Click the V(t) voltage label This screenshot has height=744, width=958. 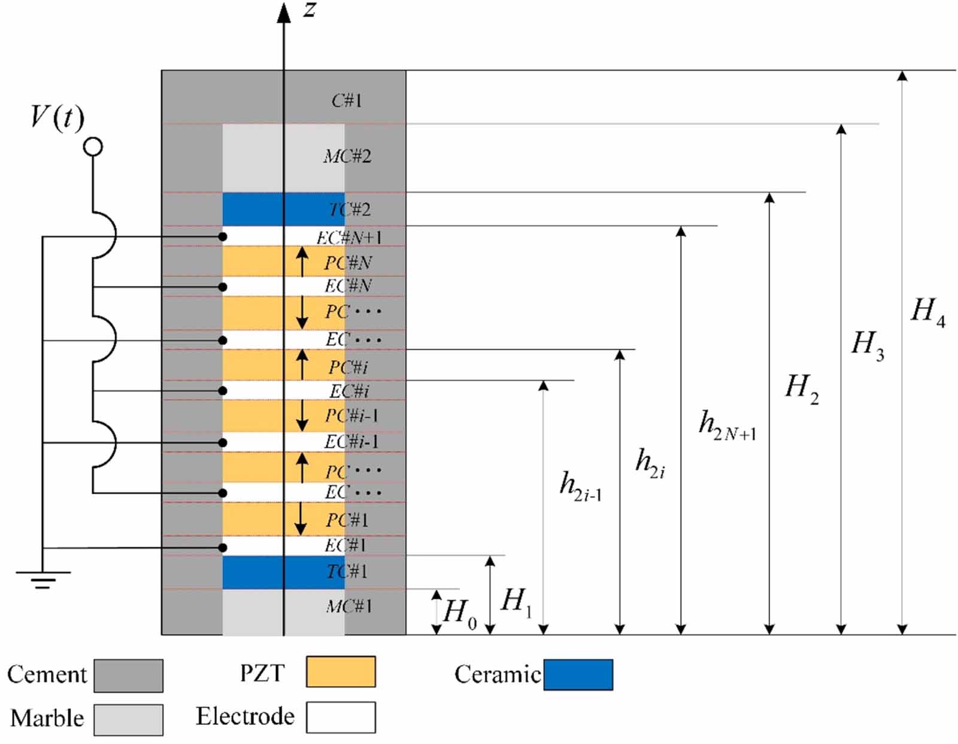pyautogui.click(x=57, y=119)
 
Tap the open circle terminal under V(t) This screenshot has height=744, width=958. pyautogui.click(x=93, y=147)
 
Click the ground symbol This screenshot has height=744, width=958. pyautogui.click(x=43, y=579)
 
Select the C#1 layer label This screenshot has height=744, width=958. pyautogui.click(x=347, y=101)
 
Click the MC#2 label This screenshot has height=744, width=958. pyautogui.click(x=347, y=156)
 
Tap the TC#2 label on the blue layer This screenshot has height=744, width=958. pyautogui.click(x=350, y=209)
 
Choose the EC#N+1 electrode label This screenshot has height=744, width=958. pyautogui.click(x=349, y=238)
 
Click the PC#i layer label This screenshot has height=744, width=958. pyautogui.click(x=348, y=367)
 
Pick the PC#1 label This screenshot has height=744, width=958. pyautogui.click(x=347, y=520)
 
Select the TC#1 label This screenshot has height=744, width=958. pyautogui.click(x=347, y=572)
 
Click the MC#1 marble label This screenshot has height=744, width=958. pyautogui.click(x=349, y=606)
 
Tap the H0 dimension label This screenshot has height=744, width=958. pyautogui.click(x=460, y=614)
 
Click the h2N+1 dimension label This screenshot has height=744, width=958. pyautogui.click(x=727, y=426)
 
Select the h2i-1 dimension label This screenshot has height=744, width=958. pyautogui.click(x=581, y=486)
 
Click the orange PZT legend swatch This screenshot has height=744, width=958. pyautogui.click(x=341, y=672)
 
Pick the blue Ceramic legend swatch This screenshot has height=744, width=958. pyautogui.click(x=578, y=675)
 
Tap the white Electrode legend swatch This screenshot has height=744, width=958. pyautogui.click(x=341, y=717)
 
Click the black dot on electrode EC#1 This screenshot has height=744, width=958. pyautogui.click(x=223, y=548)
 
